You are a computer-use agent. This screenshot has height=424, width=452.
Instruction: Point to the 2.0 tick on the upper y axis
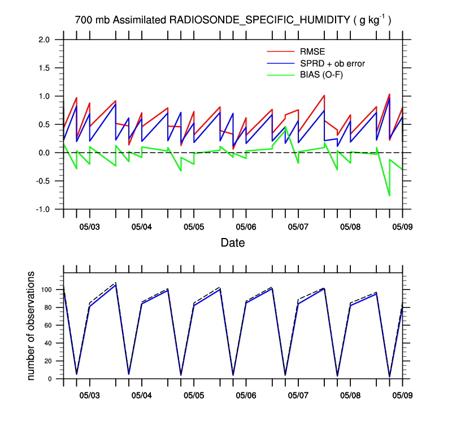click(x=45, y=40)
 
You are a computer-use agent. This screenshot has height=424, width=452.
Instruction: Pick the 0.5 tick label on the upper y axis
click(x=45, y=124)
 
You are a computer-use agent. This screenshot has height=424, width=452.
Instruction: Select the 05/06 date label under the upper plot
click(x=246, y=227)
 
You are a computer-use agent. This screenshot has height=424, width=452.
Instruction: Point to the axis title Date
click(x=232, y=243)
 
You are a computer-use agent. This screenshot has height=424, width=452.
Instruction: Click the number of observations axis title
click(x=32, y=326)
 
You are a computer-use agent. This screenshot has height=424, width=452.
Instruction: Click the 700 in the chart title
click(x=83, y=20)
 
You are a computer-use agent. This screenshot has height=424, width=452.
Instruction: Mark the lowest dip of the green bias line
click(x=389, y=196)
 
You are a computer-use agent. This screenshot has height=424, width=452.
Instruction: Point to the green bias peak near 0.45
click(x=285, y=127)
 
